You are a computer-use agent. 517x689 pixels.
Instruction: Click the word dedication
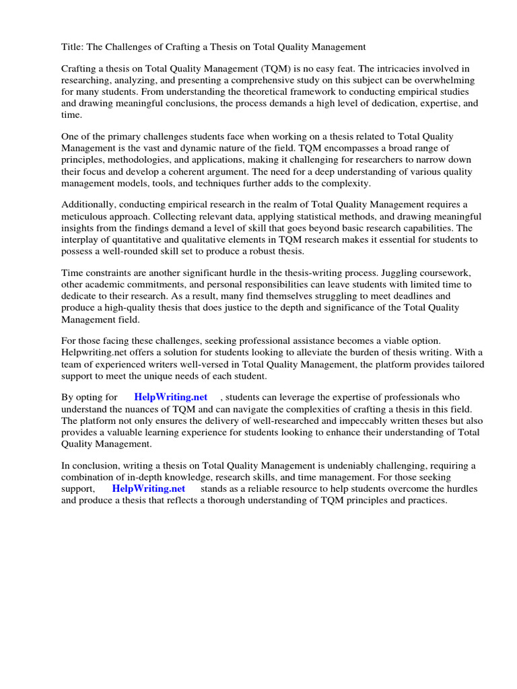(382, 103)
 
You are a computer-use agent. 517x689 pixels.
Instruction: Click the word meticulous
(91, 216)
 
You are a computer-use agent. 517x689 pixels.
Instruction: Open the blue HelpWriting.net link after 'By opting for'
(171, 398)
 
